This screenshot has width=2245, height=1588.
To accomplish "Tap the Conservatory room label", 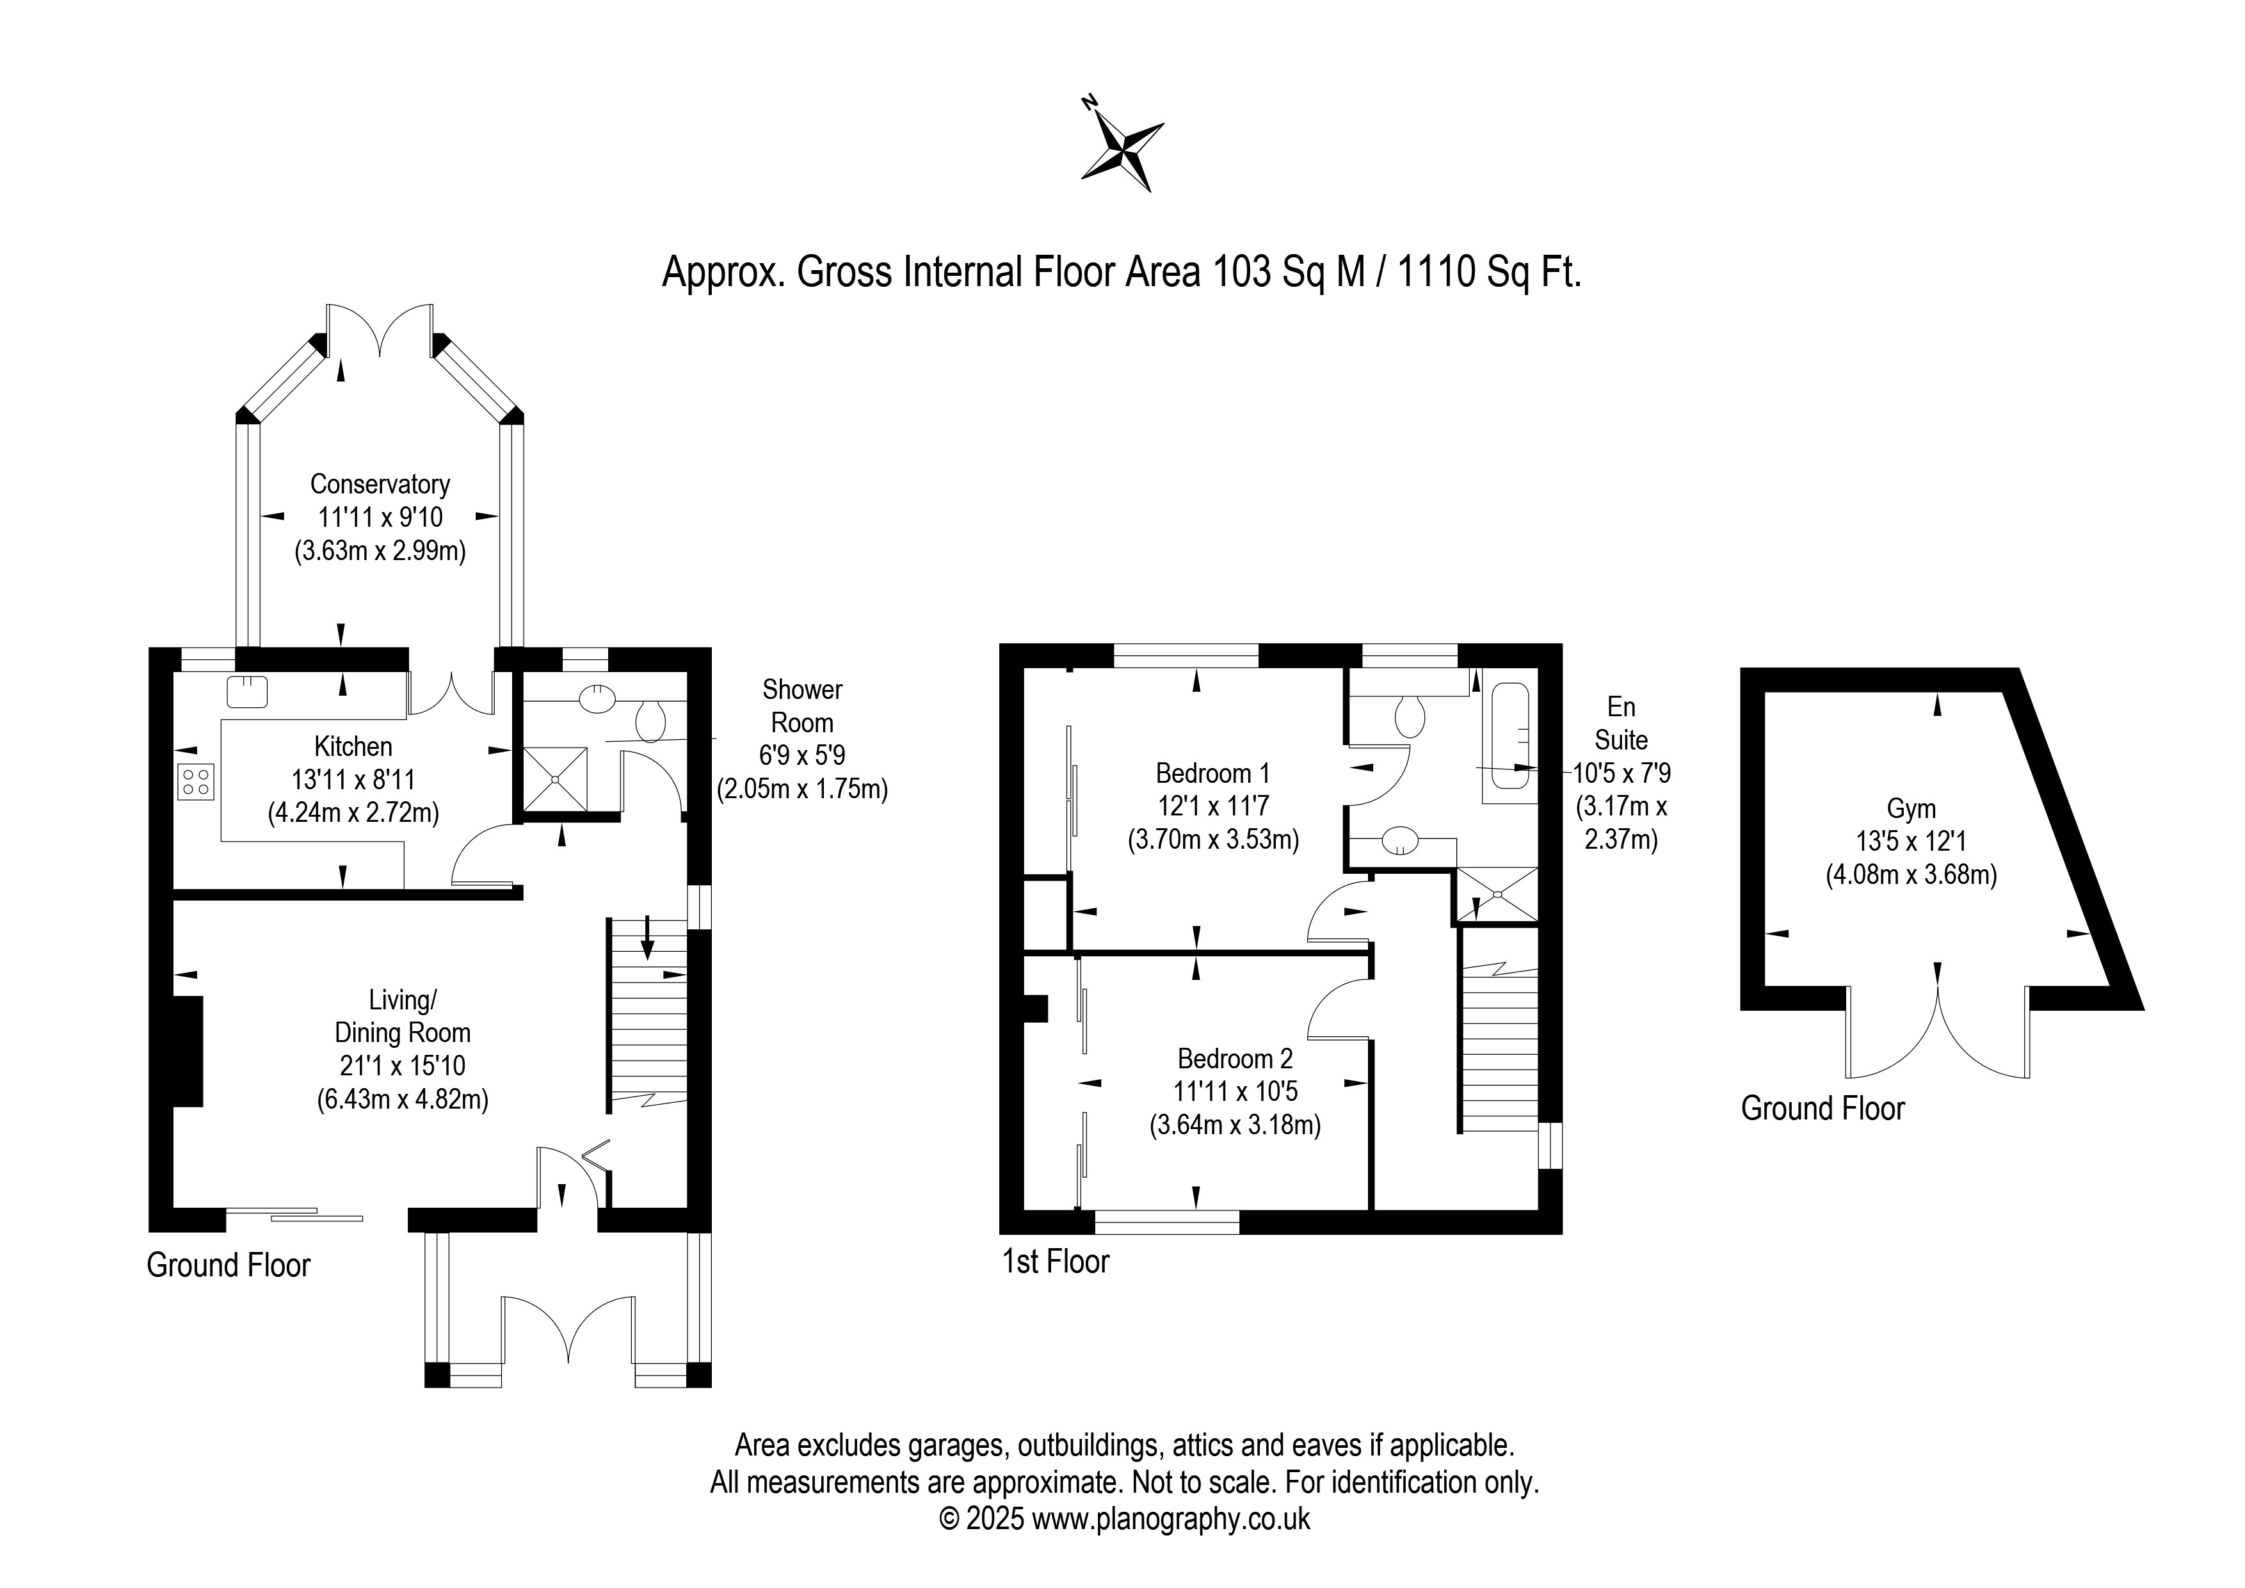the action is (x=380, y=484).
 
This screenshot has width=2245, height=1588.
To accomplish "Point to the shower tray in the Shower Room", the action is (x=556, y=780).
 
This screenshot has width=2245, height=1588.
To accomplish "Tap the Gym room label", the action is (x=1911, y=808).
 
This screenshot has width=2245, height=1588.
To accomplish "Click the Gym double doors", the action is (x=1937, y=1027).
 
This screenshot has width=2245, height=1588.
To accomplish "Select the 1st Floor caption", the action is (x=1056, y=1262).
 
